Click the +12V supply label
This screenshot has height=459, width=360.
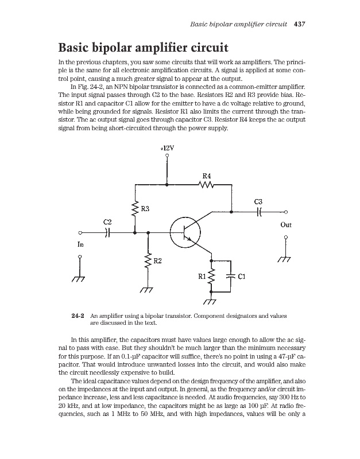click(167, 146)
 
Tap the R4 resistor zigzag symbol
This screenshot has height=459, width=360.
click(206, 185)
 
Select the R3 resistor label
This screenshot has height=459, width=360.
click(146, 209)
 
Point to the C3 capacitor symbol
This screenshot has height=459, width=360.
click(260, 212)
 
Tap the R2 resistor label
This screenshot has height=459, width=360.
click(157, 262)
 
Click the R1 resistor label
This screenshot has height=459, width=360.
click(202, 276)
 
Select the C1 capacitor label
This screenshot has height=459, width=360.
click(242, 276)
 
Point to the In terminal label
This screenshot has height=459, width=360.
click(80, 243)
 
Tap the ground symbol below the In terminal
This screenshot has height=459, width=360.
click(80, 278)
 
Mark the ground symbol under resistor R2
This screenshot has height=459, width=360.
click(148, 289)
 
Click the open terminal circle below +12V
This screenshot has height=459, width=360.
click(167, 155)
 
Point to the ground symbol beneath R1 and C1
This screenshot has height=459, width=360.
click(212, 301)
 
